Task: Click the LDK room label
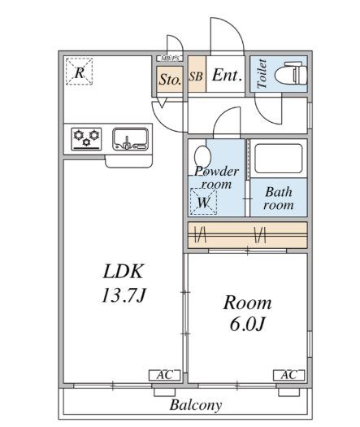point(124,271)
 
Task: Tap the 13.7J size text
point(124,295)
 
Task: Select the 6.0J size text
point(247,324)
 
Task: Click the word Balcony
point(196,405)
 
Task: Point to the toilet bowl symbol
point(291,73)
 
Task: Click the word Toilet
point(262,73)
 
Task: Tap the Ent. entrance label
point(227,75)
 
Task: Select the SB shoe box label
point(196,76)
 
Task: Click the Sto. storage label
point(170,80)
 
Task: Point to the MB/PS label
point(170,59)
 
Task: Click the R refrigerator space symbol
point(79,72)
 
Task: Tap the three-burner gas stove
point(86,139)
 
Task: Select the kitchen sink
point(131,139)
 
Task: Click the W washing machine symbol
point(203,201)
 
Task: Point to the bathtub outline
point(279,159)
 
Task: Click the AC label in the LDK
point(165,375)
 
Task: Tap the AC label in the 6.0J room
point(289,375)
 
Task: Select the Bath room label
point(279,198)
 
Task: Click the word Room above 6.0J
point(247,303)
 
